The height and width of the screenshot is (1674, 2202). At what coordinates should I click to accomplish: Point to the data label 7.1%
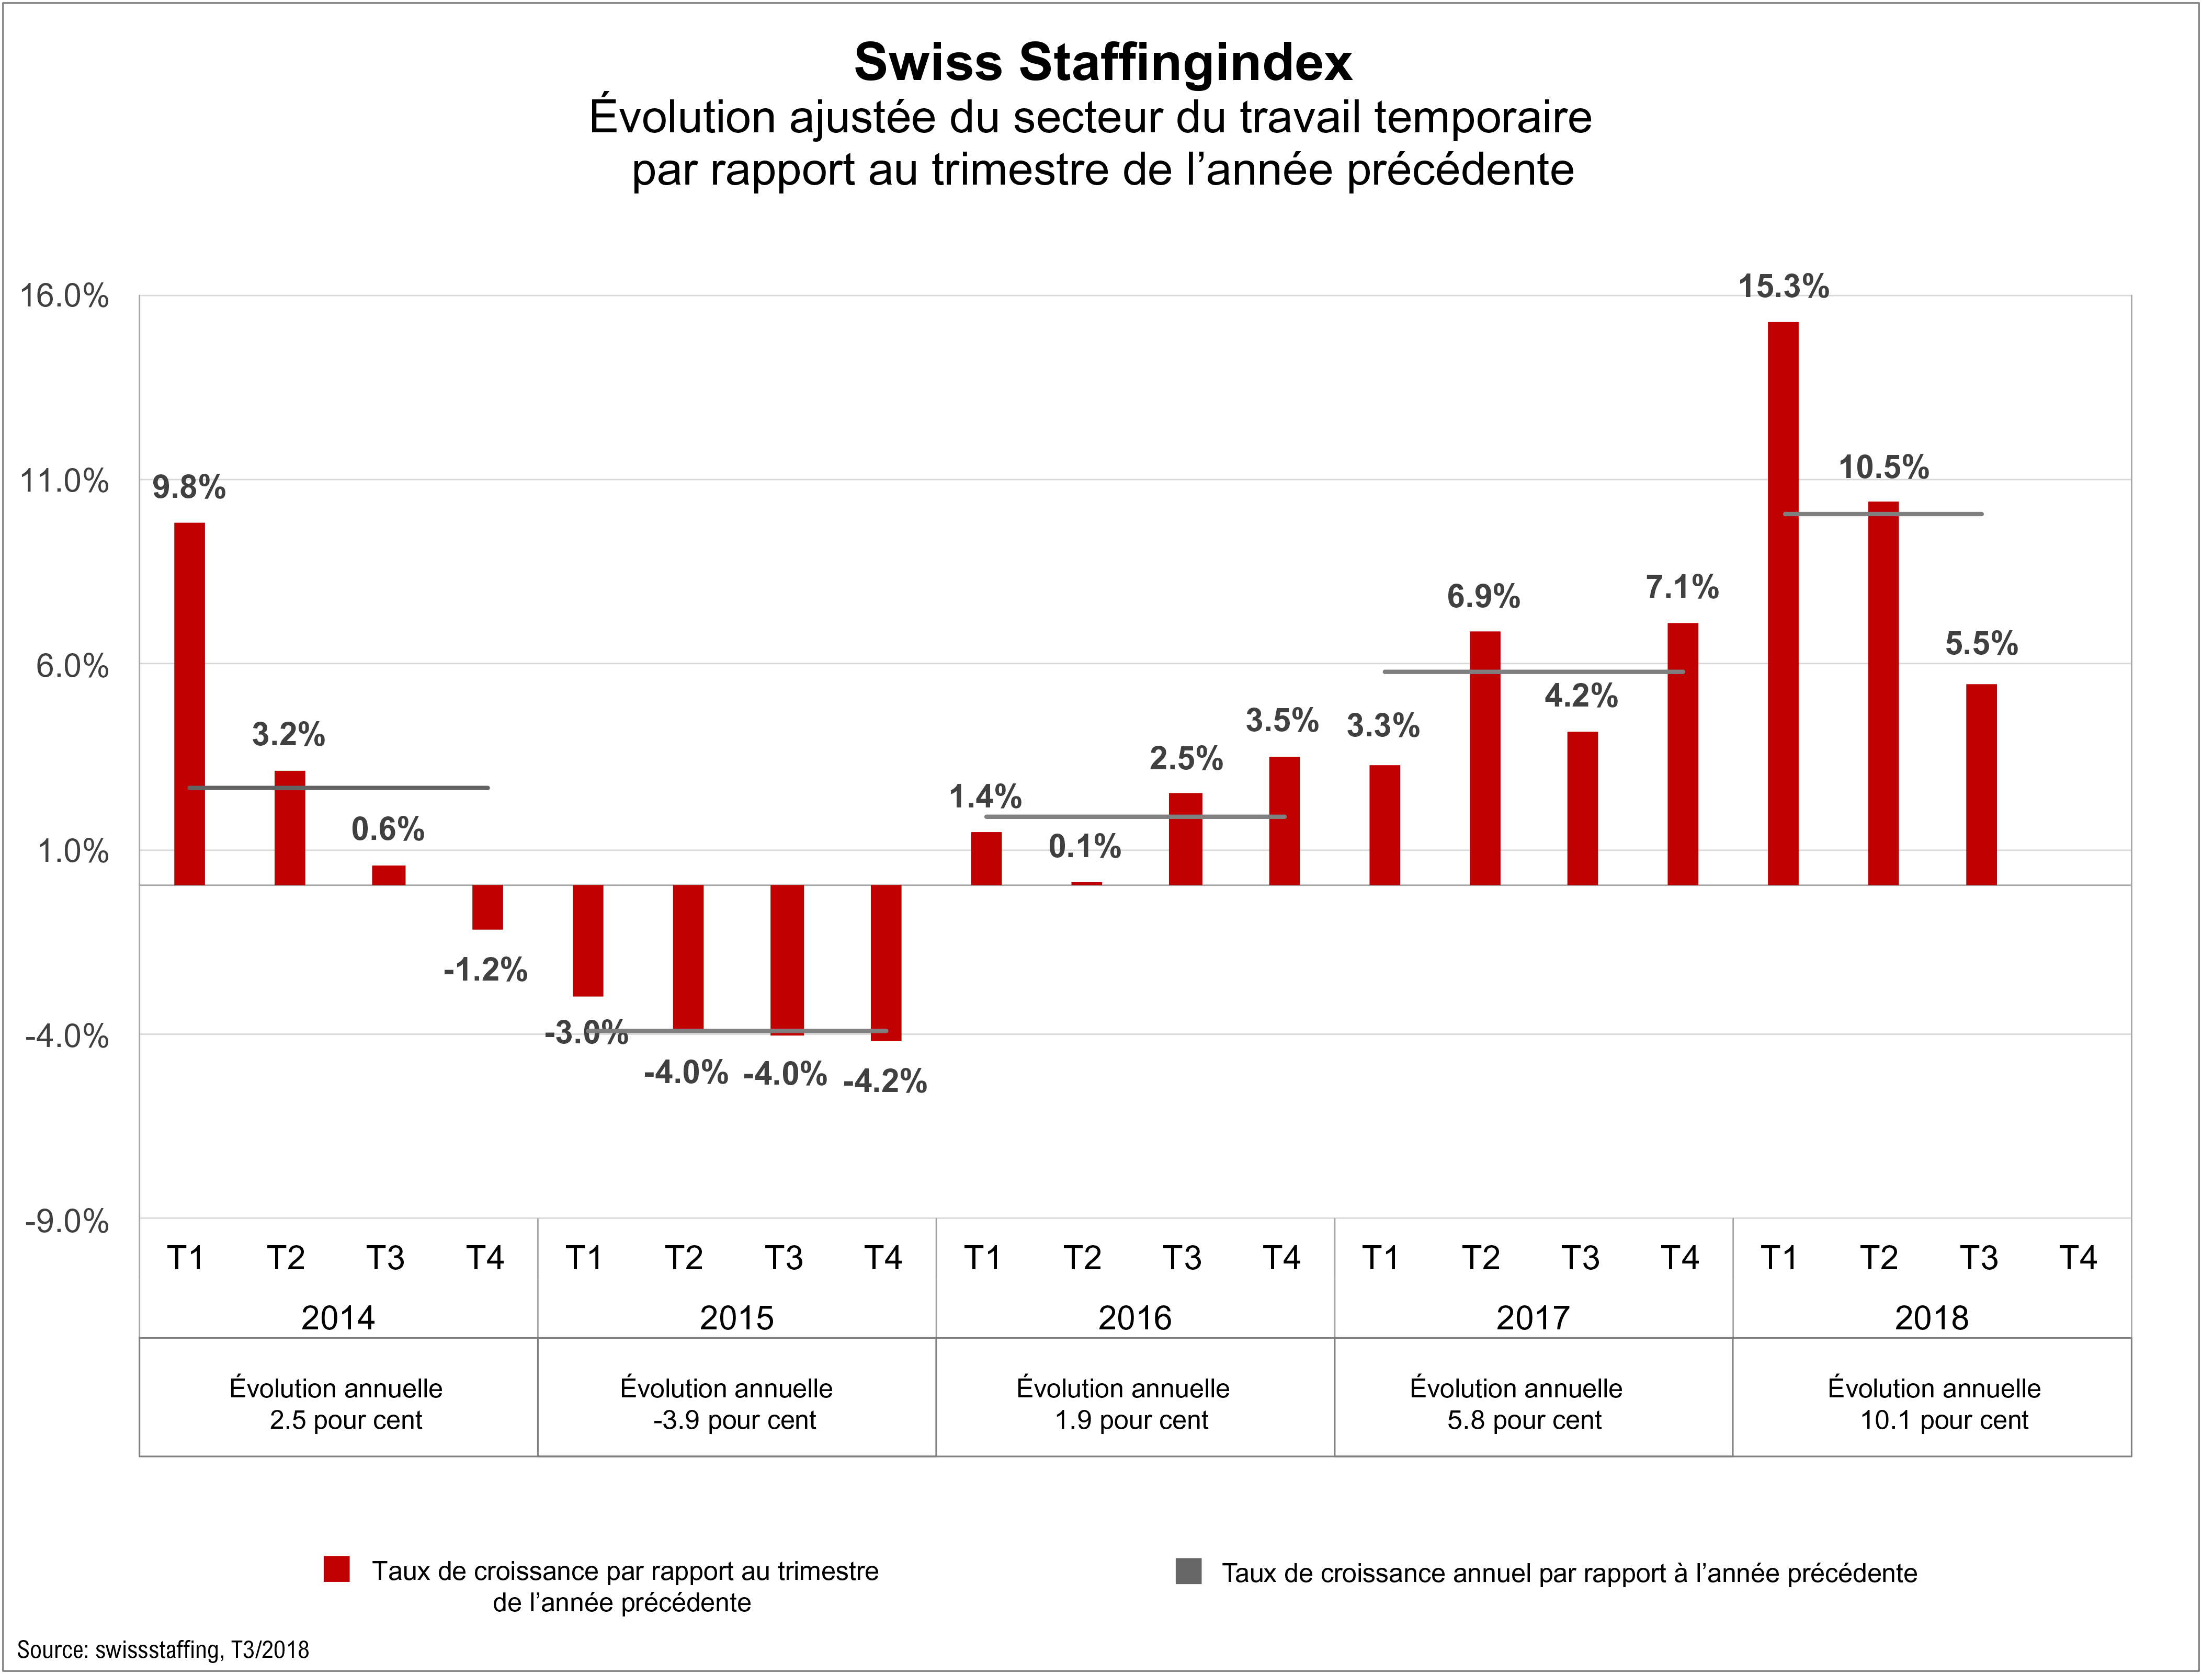[1682, 587]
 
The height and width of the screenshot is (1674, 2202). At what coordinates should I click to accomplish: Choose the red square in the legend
[337, 1569]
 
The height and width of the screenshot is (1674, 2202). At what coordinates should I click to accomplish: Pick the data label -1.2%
[485, 970]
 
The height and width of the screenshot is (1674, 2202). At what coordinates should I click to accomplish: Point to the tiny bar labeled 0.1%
[1086, 883]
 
